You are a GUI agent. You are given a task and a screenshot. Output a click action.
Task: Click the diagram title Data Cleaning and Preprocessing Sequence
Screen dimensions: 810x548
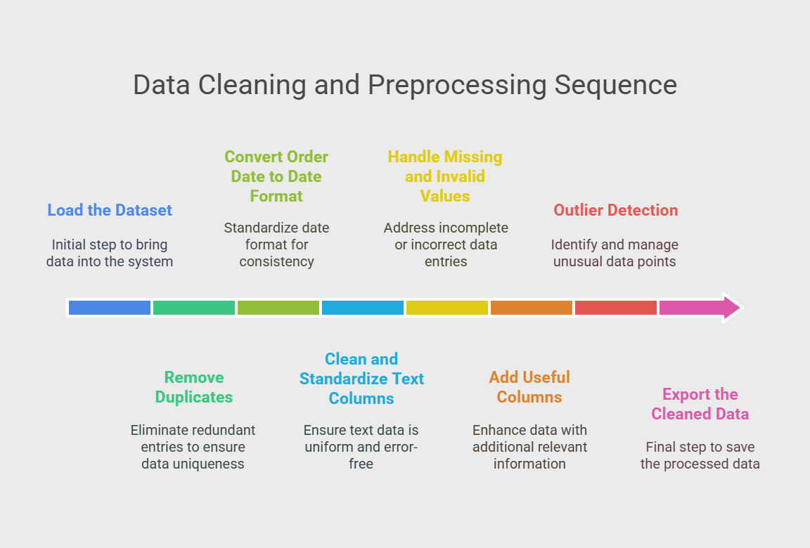(x=405, y=85)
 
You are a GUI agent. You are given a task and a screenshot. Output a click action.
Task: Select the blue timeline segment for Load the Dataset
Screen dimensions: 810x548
(x=110, y=308)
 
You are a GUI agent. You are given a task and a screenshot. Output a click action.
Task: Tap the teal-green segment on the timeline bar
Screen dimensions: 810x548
(x=194, y=308)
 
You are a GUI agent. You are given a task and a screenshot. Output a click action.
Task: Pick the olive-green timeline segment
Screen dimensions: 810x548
(x=278, y=308)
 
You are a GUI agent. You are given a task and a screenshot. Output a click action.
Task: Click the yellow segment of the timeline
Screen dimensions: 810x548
(x=447, y=308)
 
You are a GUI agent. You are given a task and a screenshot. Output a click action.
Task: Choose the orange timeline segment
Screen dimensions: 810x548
(x=532, y=308)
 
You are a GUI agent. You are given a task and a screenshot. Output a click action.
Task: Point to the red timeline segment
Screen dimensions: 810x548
(x=616, y=308)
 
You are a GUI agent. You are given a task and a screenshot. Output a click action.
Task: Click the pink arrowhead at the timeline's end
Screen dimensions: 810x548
(x=732, y=308)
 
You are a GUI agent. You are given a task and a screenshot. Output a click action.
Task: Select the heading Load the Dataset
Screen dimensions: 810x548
(x=110, y=210)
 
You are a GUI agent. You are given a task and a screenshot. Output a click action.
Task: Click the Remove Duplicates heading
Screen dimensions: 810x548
(x=194, y=387)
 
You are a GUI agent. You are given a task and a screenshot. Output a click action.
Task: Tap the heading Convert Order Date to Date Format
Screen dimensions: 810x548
(x=276, y=176)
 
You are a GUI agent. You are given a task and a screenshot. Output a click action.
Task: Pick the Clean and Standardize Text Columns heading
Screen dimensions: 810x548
(x=361, y=379)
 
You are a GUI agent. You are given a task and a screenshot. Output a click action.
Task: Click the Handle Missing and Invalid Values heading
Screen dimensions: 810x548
(x=445, y=176)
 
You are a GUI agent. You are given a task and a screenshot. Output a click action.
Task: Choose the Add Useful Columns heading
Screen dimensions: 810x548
(x=529, y=387)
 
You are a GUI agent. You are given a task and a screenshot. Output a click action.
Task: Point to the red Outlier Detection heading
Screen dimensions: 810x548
(x=616, y=210)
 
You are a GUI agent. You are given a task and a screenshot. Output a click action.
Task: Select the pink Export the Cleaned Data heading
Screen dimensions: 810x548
(x=700, y=404)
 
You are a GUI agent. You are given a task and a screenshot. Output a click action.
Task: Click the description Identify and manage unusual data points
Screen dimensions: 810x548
(x=615, y=253)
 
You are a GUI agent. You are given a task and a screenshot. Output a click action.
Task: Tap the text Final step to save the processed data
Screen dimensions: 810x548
(x=700, y=455)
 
